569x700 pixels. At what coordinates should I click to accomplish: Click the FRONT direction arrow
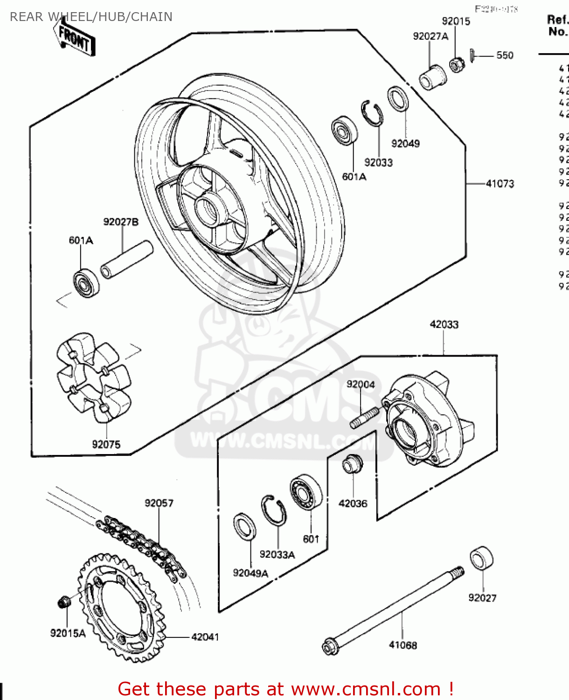(x=75, y=38)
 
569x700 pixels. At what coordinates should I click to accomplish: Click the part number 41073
(x=500, y=184)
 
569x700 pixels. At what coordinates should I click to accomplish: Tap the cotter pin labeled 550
(x=472, y=55)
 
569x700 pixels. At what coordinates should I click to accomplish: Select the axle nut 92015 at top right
(x=456, y=64)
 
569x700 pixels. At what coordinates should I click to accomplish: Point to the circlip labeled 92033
(x=372, y=113)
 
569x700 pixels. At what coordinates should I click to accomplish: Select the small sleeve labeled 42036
(x=352, y=463)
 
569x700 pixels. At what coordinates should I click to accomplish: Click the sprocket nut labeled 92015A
(x=64, y=602)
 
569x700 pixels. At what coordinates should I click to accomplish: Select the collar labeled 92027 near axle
(x=481, y=558)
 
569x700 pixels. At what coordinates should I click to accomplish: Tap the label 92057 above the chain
(x=159, y=503)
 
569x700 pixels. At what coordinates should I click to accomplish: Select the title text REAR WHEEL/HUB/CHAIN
(x=91, y=17)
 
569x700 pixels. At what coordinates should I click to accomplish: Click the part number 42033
(x=444, y=324)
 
